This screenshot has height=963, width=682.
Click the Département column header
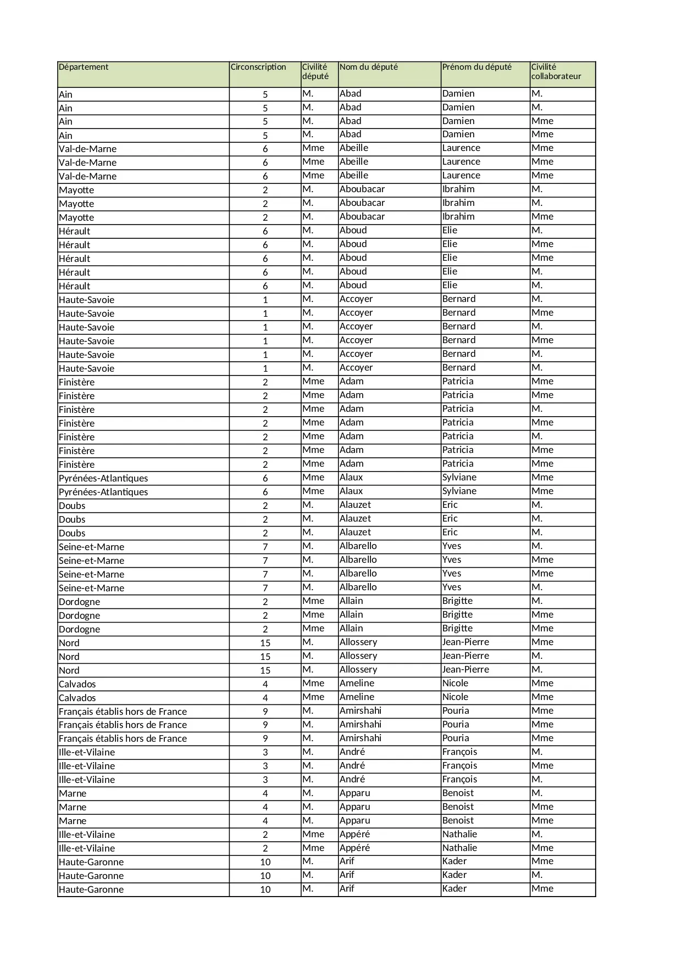(84, 68)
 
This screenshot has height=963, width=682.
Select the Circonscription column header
(258, 68)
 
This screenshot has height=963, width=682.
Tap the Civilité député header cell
(315, 72)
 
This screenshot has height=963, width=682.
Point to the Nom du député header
(368, 68)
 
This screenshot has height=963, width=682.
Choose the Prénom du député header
(476, 68)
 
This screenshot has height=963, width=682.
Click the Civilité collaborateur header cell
(556, 72)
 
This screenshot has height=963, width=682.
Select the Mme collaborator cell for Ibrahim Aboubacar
(542, 217)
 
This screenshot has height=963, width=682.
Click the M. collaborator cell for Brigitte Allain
(537, 601)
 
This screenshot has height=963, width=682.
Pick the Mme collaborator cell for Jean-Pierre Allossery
(542, 642)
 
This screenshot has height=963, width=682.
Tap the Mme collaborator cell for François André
(542, 766)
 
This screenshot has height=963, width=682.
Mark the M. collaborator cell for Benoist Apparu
(537, 793)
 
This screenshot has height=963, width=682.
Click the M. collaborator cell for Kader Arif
(537, 875)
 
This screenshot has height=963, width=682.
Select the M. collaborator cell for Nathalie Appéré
(537, 835)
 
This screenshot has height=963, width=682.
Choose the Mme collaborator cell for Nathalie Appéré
(542, 848)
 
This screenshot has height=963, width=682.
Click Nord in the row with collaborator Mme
(69, 643)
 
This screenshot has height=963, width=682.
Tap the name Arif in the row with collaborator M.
(347, 875)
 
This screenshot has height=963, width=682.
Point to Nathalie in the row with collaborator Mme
(459, 848)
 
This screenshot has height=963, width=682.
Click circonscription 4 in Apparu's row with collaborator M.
(265, 794)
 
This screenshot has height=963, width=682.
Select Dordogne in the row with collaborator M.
(80, 602)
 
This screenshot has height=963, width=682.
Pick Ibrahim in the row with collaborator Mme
(458, 217)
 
